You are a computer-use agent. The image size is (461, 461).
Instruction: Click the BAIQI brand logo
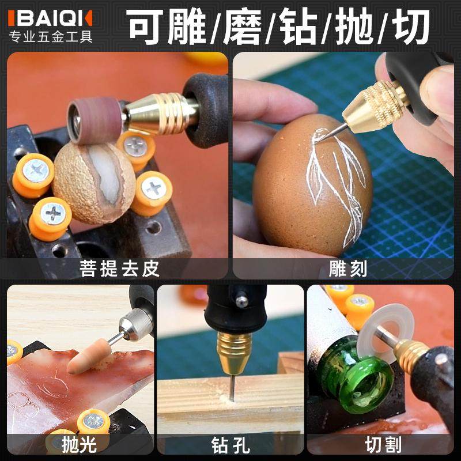[50, 18]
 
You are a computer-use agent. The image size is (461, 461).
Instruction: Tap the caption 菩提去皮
[120, 269]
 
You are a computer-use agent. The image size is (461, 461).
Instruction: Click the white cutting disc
[375, 328]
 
